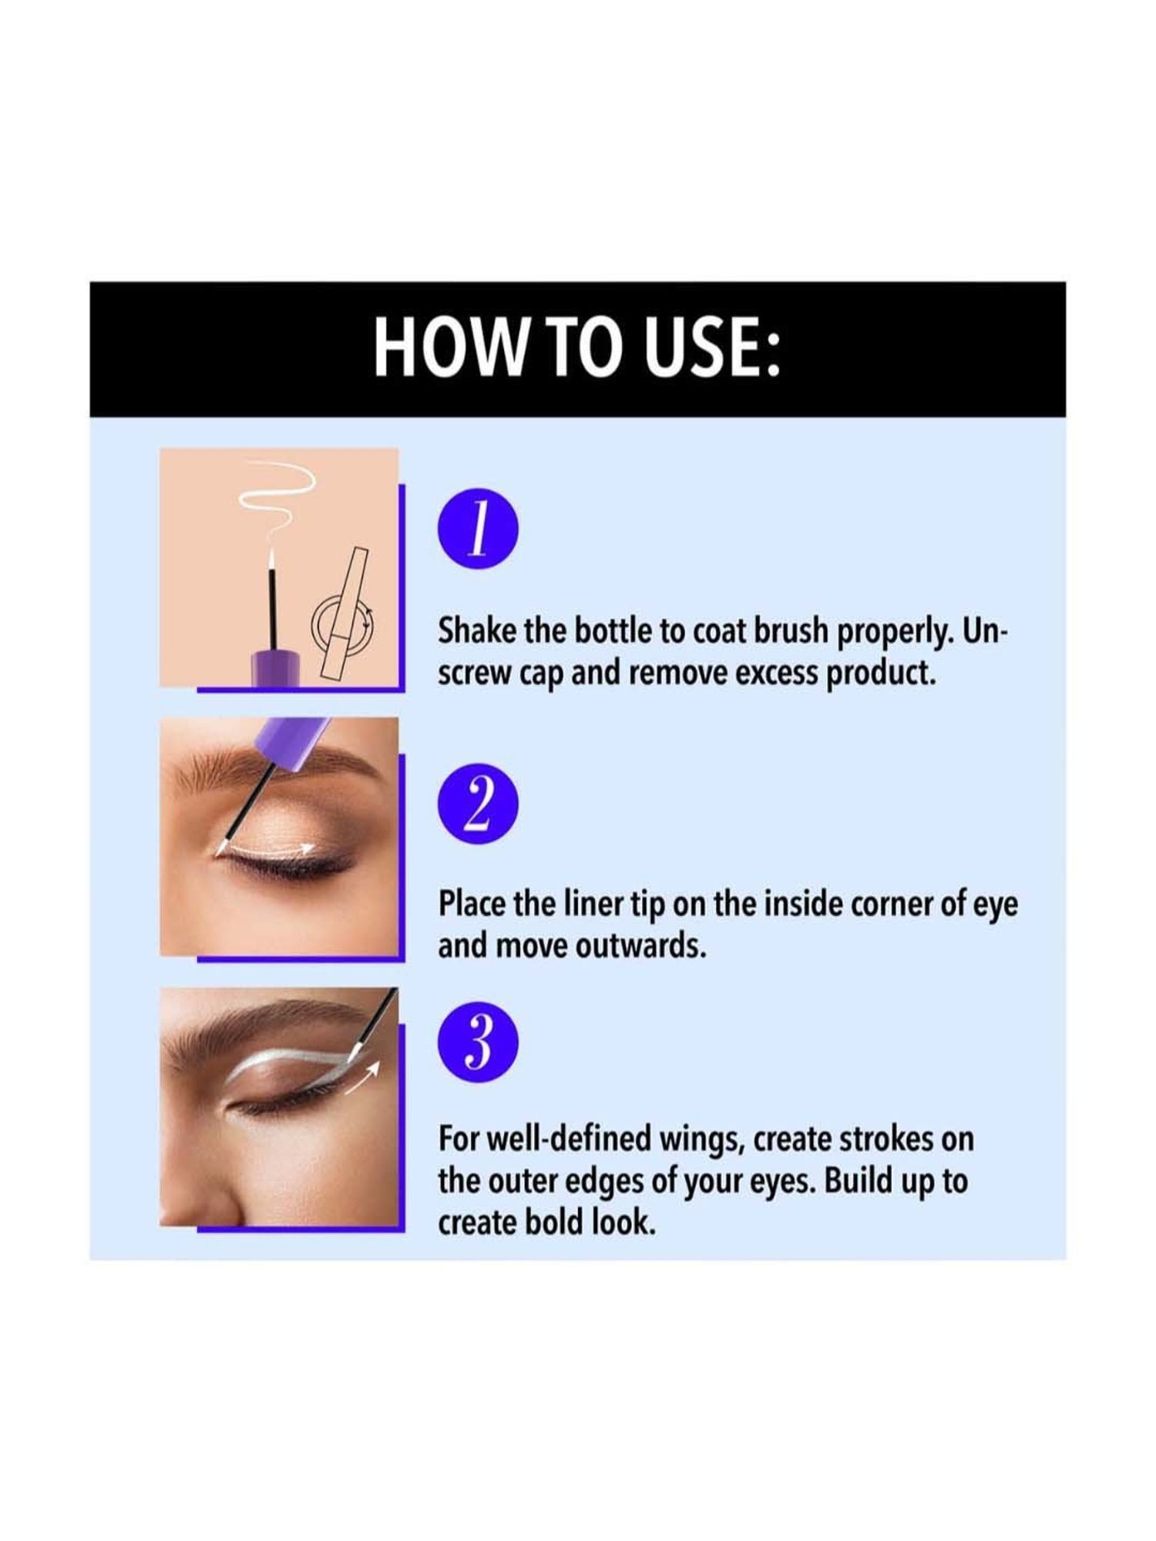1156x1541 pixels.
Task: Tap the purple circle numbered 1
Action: pos(478,532)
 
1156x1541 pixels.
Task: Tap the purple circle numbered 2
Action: pos(478,803)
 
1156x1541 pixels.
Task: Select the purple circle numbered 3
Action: pos(478,1042)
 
